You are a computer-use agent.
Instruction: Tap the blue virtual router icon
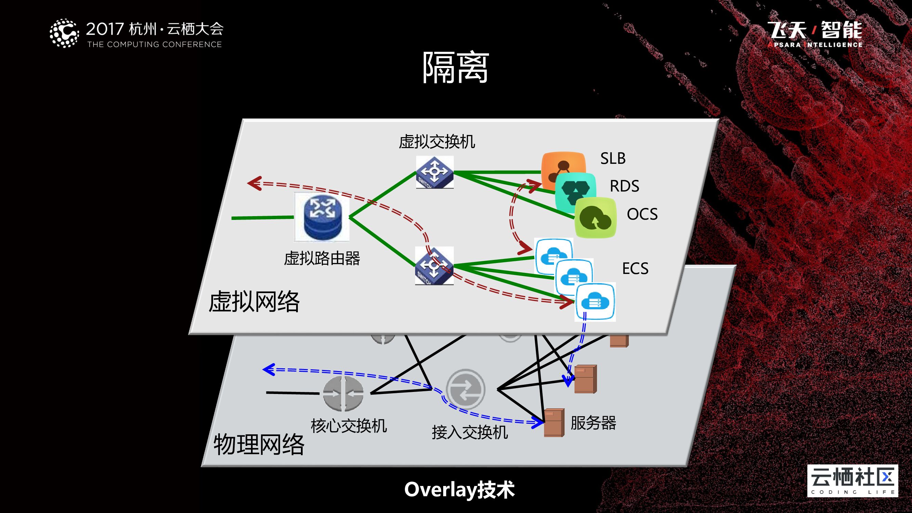click(x=322, y=217)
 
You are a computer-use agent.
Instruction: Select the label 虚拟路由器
click(x=322, y=259)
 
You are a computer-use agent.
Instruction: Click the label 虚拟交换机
click(x=437, y=142)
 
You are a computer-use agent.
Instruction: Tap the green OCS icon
click(x=595, y=218)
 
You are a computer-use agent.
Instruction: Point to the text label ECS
click(x=635, y=268)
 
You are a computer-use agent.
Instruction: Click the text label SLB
click(x=613, y=158)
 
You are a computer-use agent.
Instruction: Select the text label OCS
click(x=642, y=214)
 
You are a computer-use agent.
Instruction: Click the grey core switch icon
click(x=343, y=394)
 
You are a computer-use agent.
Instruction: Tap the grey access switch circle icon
click(x=465, y=390)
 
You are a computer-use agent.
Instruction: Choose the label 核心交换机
click(x=349, y=426)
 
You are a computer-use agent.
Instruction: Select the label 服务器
click(x=593, y=423)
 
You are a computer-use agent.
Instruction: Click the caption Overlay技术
click(x=460, y=490)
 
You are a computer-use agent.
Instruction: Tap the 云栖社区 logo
click(x=852, y=481)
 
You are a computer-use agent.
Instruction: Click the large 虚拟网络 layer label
click(x=254, y=302)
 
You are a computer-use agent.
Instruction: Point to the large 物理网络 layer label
click(x=259, y=444)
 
